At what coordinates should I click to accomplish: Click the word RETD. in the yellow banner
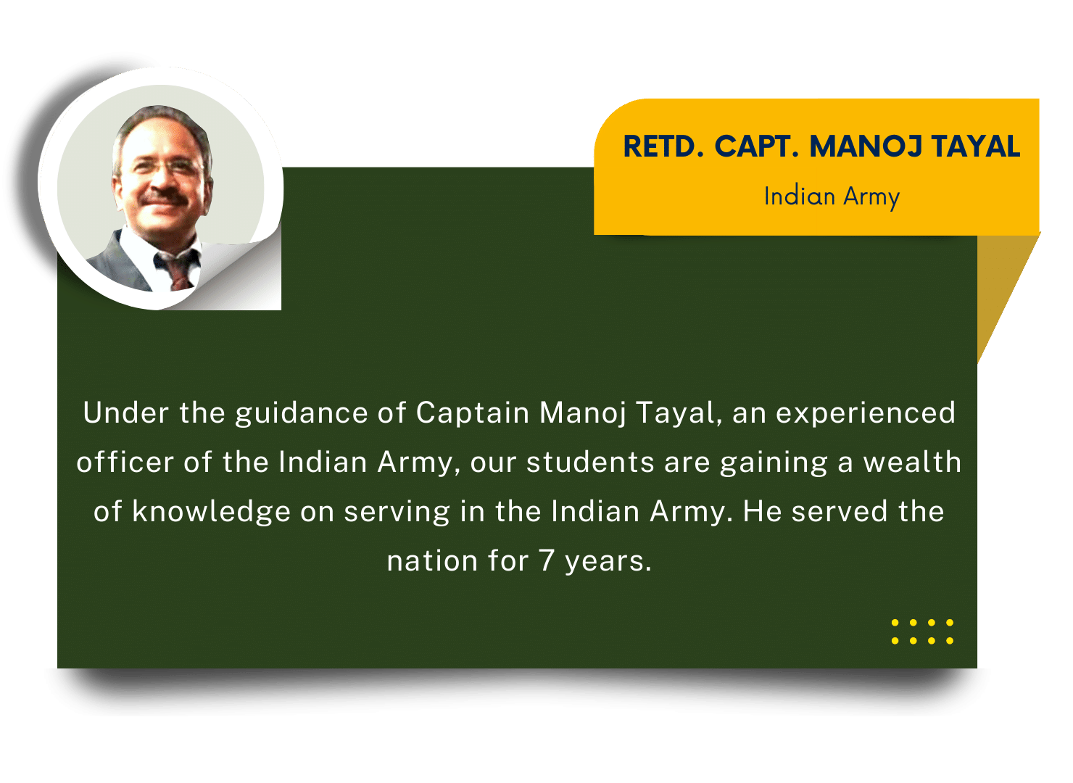tap(663, 146)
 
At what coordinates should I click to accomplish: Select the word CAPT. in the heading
tap(757, 146)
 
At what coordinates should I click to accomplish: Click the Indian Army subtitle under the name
tap(832, 197)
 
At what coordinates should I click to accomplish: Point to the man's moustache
tap(165, 196)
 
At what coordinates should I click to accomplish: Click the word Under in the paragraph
tap(126, 413)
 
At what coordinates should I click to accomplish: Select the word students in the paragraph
tap(590, 463)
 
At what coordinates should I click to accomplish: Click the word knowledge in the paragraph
tap(211, 513)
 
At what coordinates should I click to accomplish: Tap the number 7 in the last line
tap(547, 561)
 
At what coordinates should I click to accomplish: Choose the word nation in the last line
tap(432, 561)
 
